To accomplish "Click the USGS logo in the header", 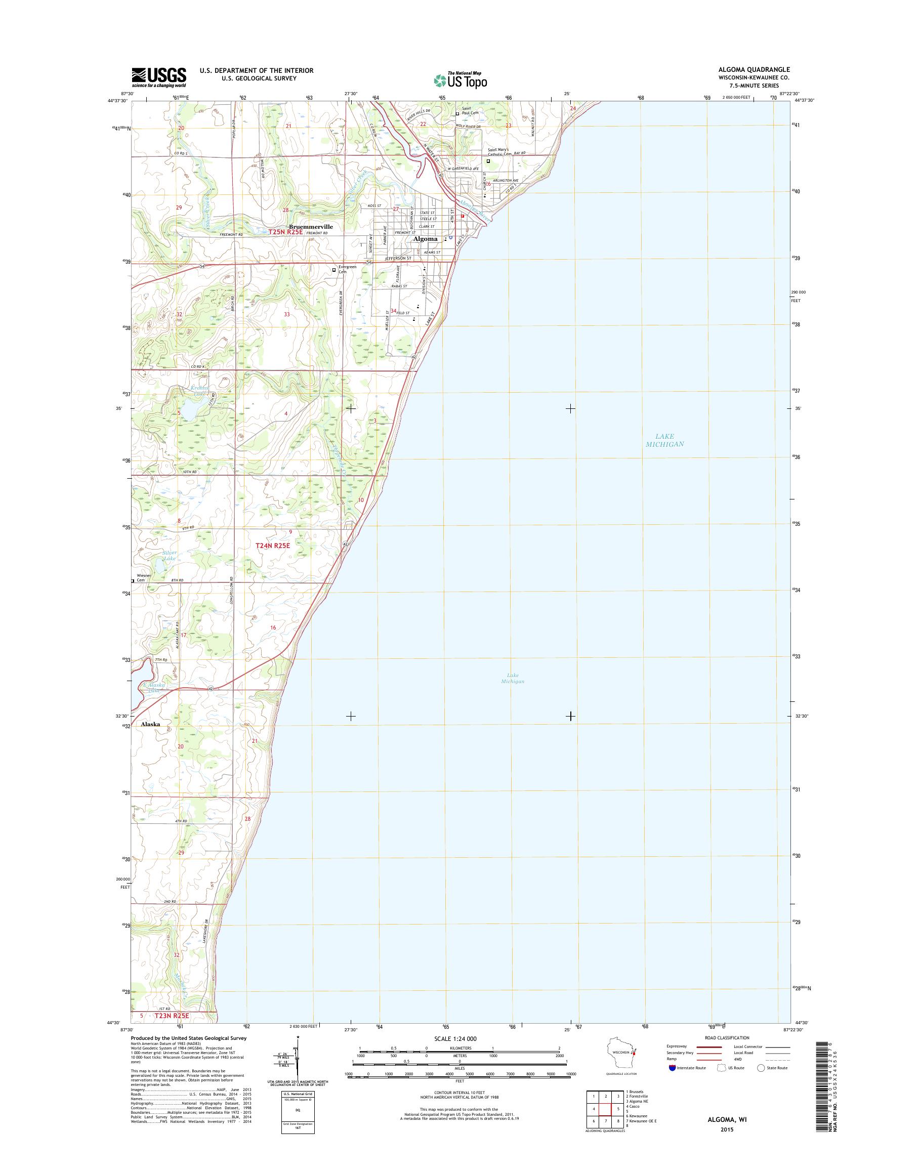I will [x=159, y=77].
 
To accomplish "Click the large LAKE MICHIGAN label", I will [x=664, y=440].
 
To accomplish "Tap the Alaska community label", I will [x=150, y=724].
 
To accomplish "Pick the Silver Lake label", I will [x=170, y=556].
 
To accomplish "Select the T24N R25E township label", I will [x=273, y=545].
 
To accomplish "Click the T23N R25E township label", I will [x=174, y=1016].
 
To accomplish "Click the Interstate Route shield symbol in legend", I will [x=672, y=1068].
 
